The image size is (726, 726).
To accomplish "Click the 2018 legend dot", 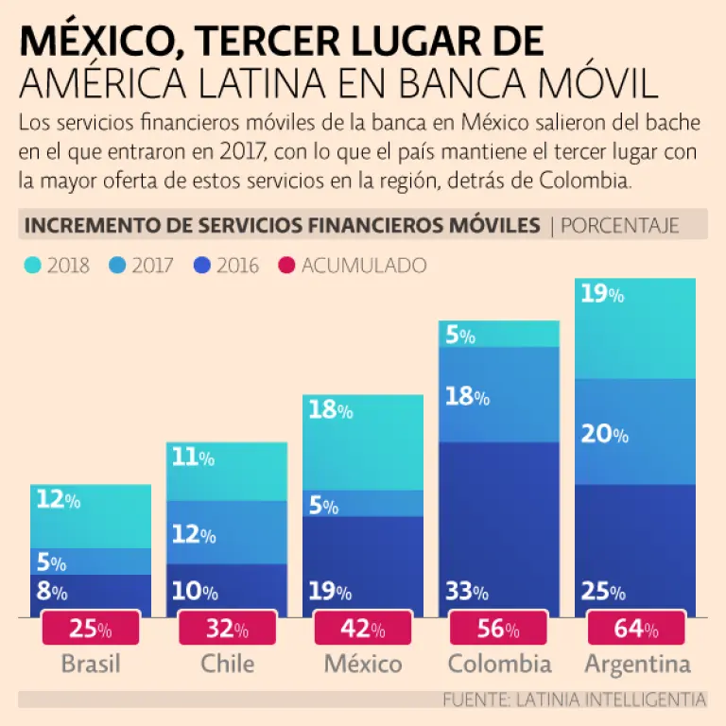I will point(31,266).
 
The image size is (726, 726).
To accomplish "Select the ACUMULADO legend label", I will point(364,266).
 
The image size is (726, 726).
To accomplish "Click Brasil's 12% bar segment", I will point(91,516).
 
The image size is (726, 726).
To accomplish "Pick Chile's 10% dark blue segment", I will point(227,591).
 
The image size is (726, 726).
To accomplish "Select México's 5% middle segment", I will point(363,504).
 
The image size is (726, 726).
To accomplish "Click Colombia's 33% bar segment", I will point(498,529).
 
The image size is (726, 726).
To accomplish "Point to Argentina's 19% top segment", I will point(635,328).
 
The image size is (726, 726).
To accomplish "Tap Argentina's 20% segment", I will point(635,432).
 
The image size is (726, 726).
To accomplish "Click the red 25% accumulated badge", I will point(91,629).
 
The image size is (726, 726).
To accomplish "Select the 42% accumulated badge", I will point(363,629).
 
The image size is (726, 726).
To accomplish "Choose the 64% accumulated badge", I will point(635,629).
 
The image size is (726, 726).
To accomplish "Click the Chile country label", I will point(227,664).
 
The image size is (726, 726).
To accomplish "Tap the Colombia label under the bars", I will point(499,664).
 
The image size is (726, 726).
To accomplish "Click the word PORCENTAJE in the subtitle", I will point(620,225).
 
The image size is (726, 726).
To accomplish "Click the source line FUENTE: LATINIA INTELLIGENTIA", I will point(574,700).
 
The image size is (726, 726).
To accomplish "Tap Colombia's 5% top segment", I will point(498,334).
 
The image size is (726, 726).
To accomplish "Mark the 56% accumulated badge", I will point(499,629).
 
